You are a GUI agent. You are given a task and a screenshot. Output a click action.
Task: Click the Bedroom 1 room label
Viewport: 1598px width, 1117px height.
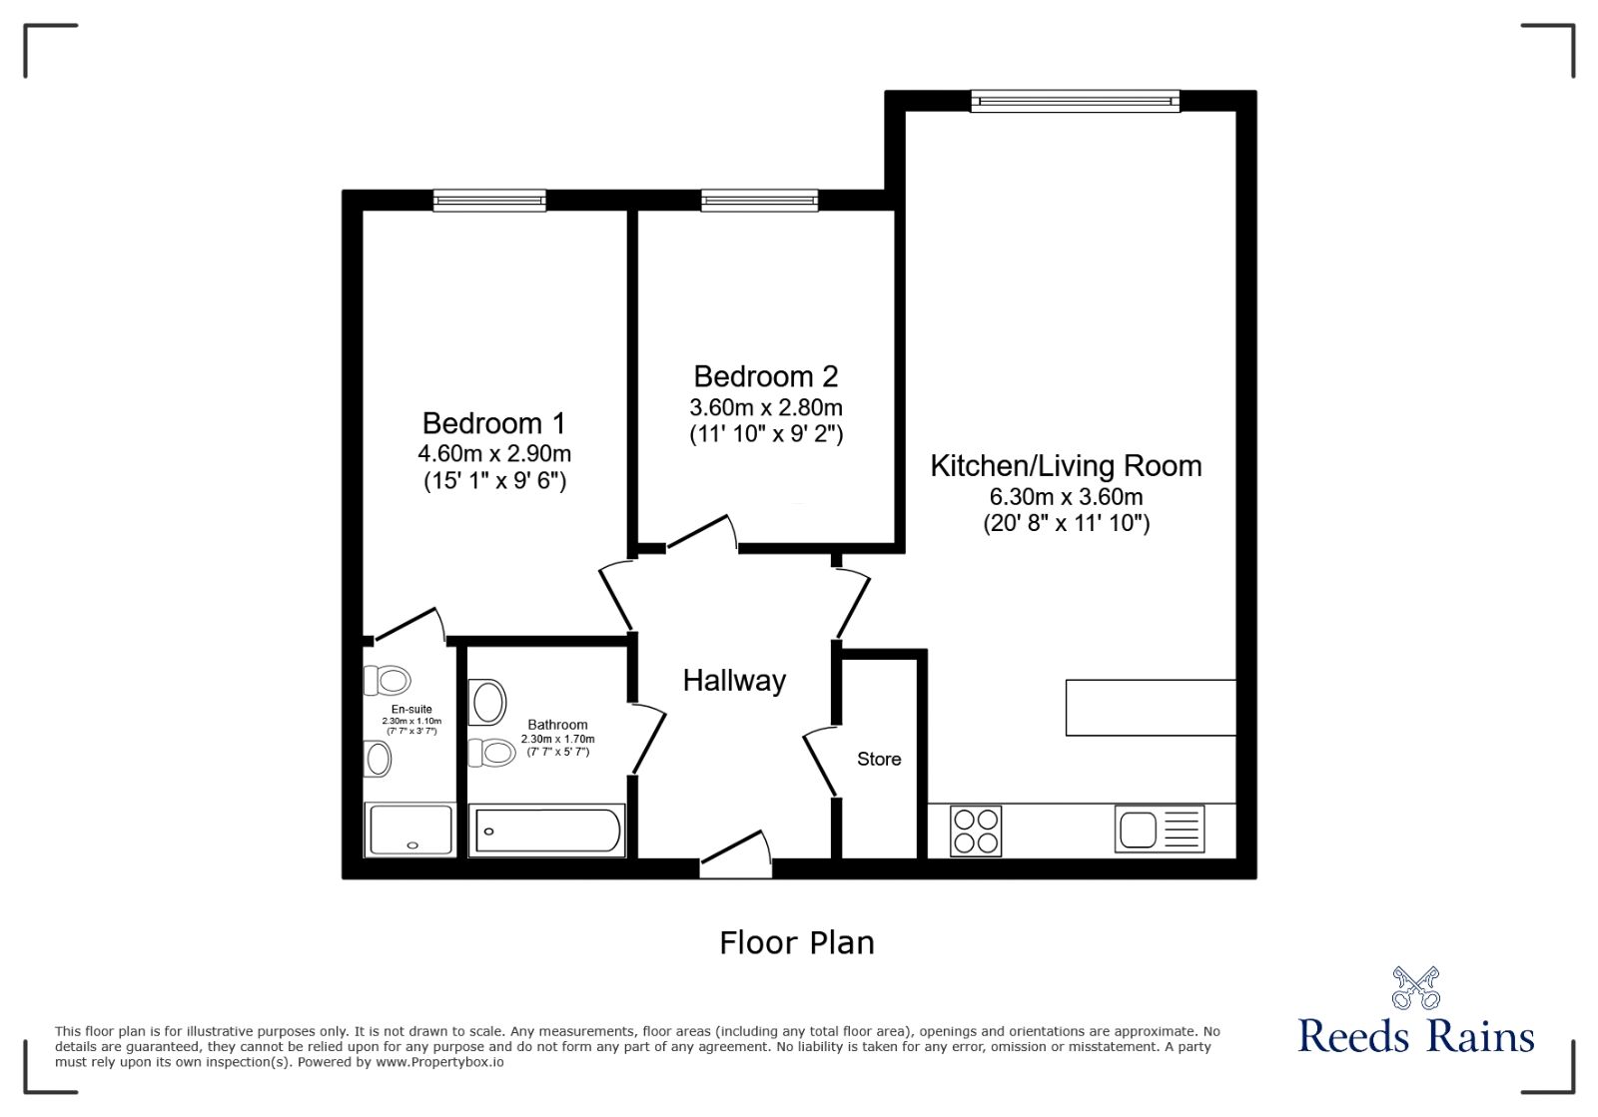pyautogui.click(x=493, y=423)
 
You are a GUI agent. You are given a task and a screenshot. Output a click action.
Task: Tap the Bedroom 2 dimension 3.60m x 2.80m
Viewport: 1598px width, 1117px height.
pyautogui.click(x=765, y=407)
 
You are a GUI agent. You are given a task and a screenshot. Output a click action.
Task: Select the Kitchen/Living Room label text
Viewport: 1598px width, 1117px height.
pyautogui.click(x=1066, y=466)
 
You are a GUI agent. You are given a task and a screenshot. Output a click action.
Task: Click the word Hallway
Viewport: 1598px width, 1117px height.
pyautogui.click(x=734, y=681)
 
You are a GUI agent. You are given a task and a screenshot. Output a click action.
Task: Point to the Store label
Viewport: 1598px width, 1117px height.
pyautogui.click(x=879, y=760)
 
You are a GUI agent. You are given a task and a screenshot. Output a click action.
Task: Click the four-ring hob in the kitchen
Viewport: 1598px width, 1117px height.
pyautogui.click(x=976, y=831)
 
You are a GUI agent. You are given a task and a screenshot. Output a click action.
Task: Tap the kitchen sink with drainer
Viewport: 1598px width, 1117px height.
pyautogui.click(x=1159, y=830)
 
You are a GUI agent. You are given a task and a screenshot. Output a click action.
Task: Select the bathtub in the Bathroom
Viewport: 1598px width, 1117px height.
pyautogui.click(x=547, y=831)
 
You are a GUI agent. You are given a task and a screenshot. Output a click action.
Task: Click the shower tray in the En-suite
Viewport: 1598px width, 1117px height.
pyautogui.click(x=410, y=831)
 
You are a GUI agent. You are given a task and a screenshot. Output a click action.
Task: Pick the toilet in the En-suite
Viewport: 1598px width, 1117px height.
pyautogui.click(x=388, y=681)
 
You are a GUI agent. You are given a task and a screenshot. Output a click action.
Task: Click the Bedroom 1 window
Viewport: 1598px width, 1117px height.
pyautogui.click(x=489, y=201)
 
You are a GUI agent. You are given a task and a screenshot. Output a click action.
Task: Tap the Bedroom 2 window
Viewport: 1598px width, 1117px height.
pyautogui.click(x=759, y=201)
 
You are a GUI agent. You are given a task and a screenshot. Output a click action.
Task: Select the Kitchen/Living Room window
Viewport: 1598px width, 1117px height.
pyautogui.click(x=1075, y=100)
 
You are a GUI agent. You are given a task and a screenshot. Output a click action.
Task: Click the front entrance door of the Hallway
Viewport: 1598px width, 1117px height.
pyautogui.click(x=736, y=856)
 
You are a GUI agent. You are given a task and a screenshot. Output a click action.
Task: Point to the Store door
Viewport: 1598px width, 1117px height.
pyautogui.click(x=821, y=762)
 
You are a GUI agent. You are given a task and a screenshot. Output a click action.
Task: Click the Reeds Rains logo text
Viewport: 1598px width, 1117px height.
pyautogui.click(x=1415, y=1036)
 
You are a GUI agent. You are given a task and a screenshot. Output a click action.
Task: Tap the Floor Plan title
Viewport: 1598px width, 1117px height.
pyautogui.click(x=796, y=942)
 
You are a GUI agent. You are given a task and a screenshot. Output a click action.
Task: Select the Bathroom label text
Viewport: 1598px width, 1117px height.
pyautogui.click(x=557, y=725)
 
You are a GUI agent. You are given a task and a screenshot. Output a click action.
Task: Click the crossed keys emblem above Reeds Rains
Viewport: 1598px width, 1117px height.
pyautogui.click(x=1415, y=987)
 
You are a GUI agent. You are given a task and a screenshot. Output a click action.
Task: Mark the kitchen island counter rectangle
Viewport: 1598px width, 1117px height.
pyautogui.click(x=1151, y=708)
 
